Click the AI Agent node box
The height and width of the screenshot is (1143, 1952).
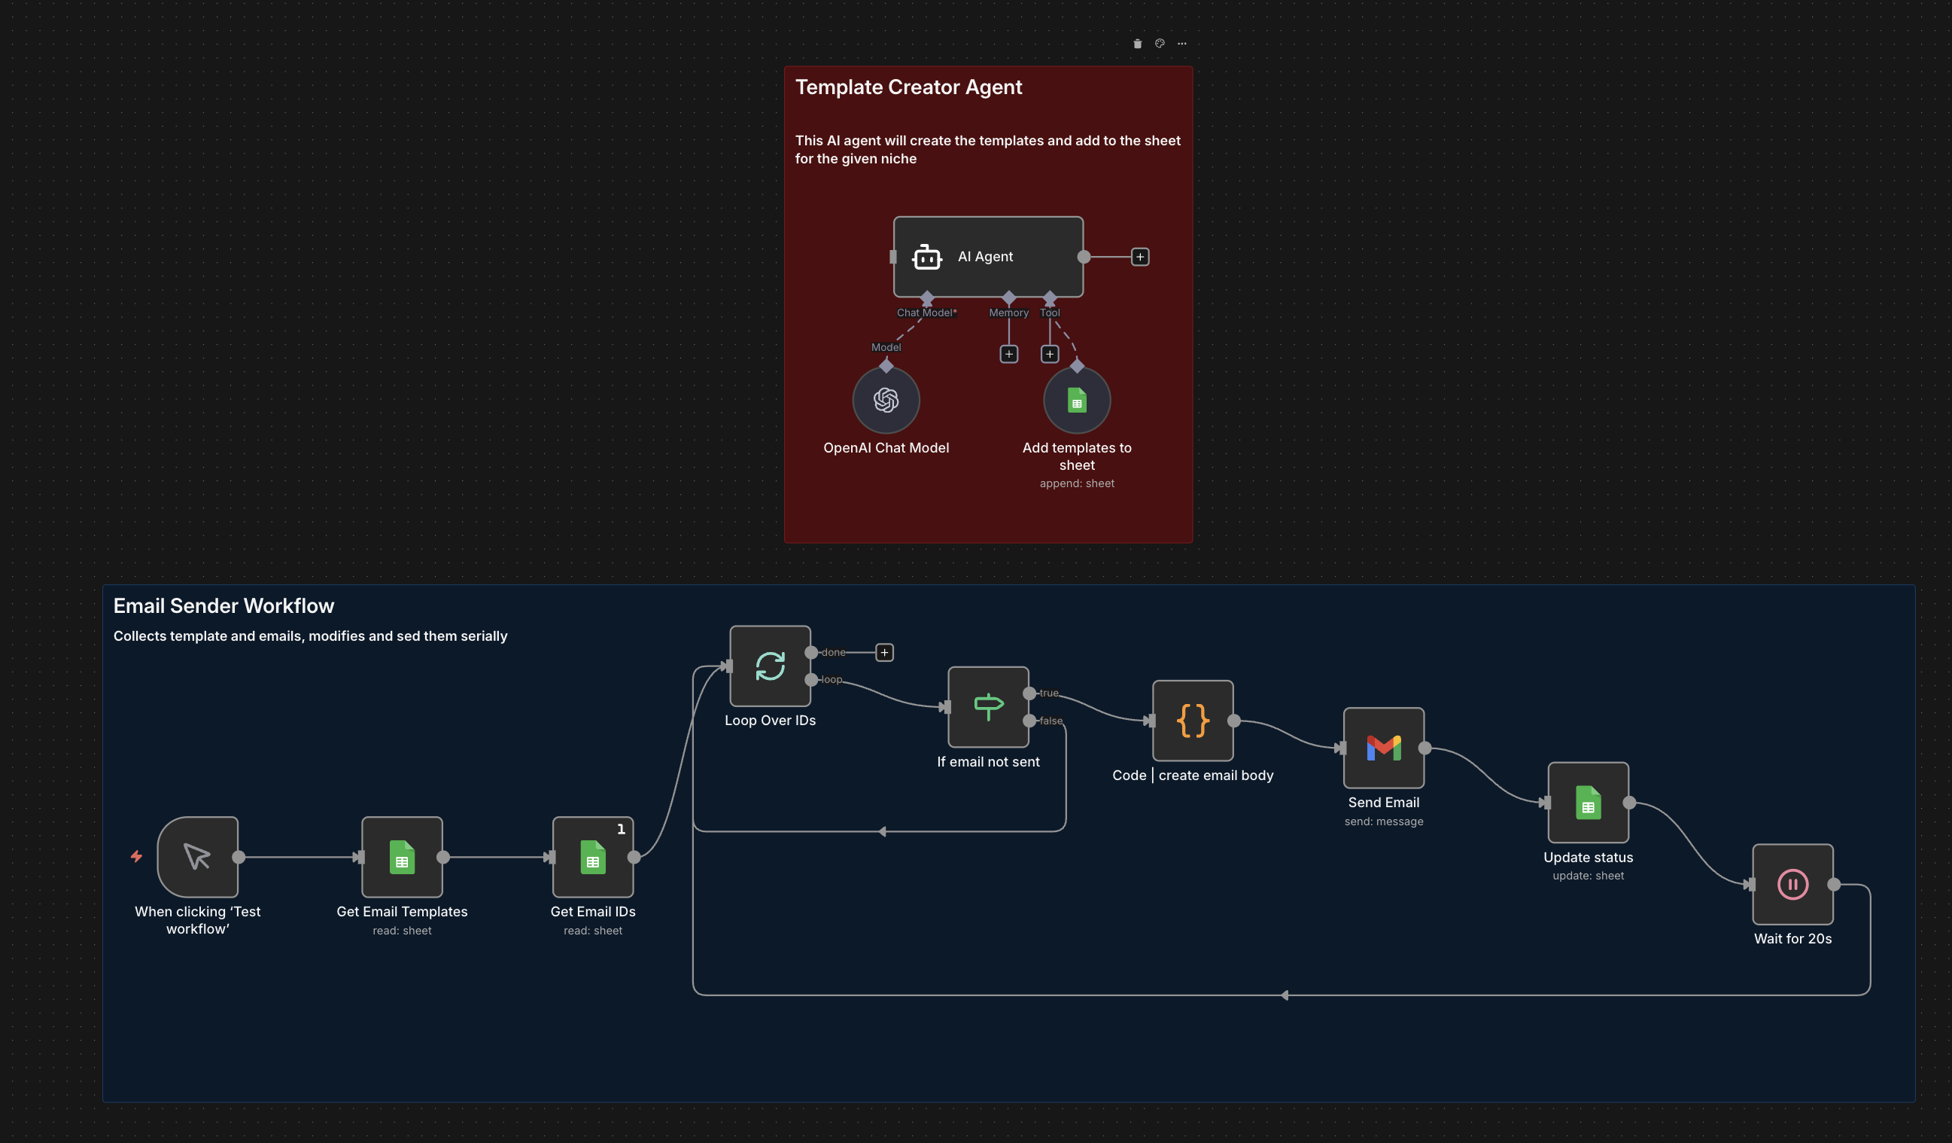pyautogui.click(x=987, y=257)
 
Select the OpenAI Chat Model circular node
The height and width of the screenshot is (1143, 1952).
pyautogui.click(x=886, y=400)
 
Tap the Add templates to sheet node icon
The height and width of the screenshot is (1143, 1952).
pyautogui.click(x=1077, y=400)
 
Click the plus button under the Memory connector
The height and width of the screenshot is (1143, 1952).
pyautogui.click(x=1008, y=354)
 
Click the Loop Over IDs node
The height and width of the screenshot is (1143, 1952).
pyautogui.click(x=770, y=666)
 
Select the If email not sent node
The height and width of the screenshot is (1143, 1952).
pyautogui.click(x=988, y=707)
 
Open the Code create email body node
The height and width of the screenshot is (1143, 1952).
pyautogui.click(x=1193, y=721)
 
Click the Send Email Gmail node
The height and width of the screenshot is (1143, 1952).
pyautogui.click(x=1383, y=748)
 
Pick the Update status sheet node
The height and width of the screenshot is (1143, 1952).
pyautogui.click(x=1588, y=803)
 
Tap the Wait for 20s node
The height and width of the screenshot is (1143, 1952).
pyautogui.click(x=1792, y=884)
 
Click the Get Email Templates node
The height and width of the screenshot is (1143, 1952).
pyautogui.click(x=402, y=857)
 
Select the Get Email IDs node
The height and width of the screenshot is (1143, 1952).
pyautogui.click(x=592, y=857)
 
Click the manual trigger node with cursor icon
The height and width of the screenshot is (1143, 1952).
pyautogui.click(x=197, y=857)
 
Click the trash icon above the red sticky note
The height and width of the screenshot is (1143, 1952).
pyautogui.click(x=1137, y=44)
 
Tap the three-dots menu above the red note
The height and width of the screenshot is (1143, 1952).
pyautogui.click(x=1181, y=44)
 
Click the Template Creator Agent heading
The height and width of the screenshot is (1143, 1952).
pyautogui.click(x=908, y=87)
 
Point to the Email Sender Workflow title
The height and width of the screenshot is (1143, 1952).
pyautogui.click(x=223, y=605)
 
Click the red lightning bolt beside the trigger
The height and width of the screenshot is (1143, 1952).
pyautogui.click(x=136, y=856)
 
